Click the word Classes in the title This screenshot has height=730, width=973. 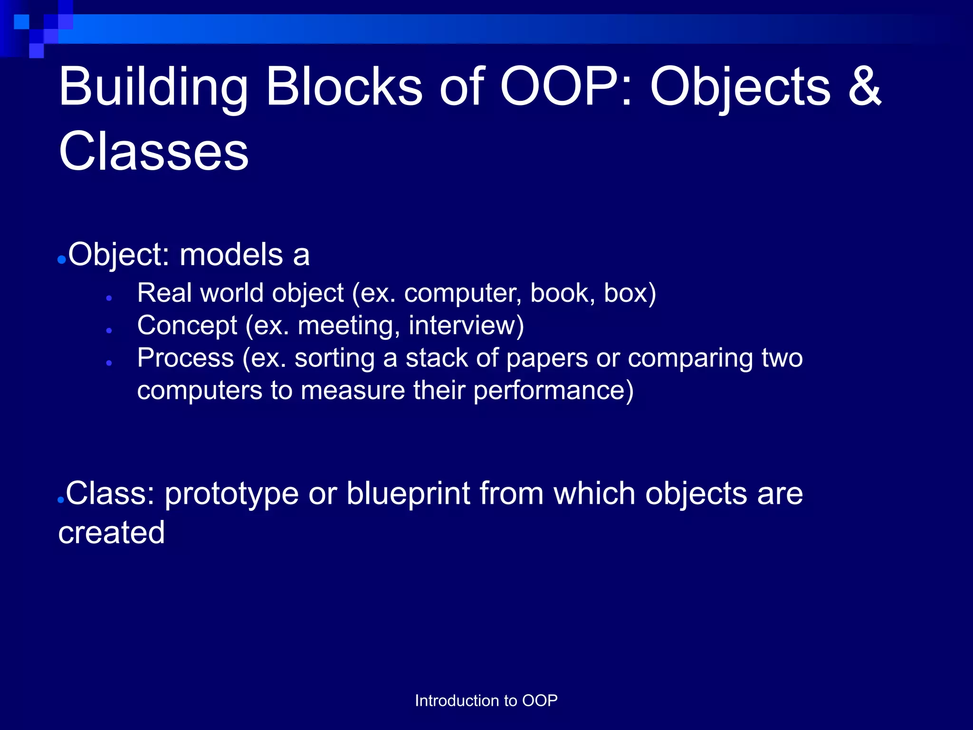[153, 151]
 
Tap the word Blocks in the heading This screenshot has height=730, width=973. [344, 86]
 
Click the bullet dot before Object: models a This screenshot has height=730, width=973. [61, 260]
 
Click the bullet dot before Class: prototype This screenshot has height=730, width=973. [60, 500]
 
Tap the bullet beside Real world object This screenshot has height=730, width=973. [109, 298]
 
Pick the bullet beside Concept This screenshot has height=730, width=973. [109, 330]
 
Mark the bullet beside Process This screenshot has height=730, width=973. [109, 363]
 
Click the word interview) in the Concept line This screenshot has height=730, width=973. [466, 326]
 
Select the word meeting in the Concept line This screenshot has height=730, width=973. [348, 326]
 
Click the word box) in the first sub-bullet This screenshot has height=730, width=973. [630, 293]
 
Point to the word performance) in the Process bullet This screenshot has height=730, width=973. [553, 391]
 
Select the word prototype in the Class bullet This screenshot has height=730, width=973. [231, 494]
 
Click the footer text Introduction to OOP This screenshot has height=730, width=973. [486, 701]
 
